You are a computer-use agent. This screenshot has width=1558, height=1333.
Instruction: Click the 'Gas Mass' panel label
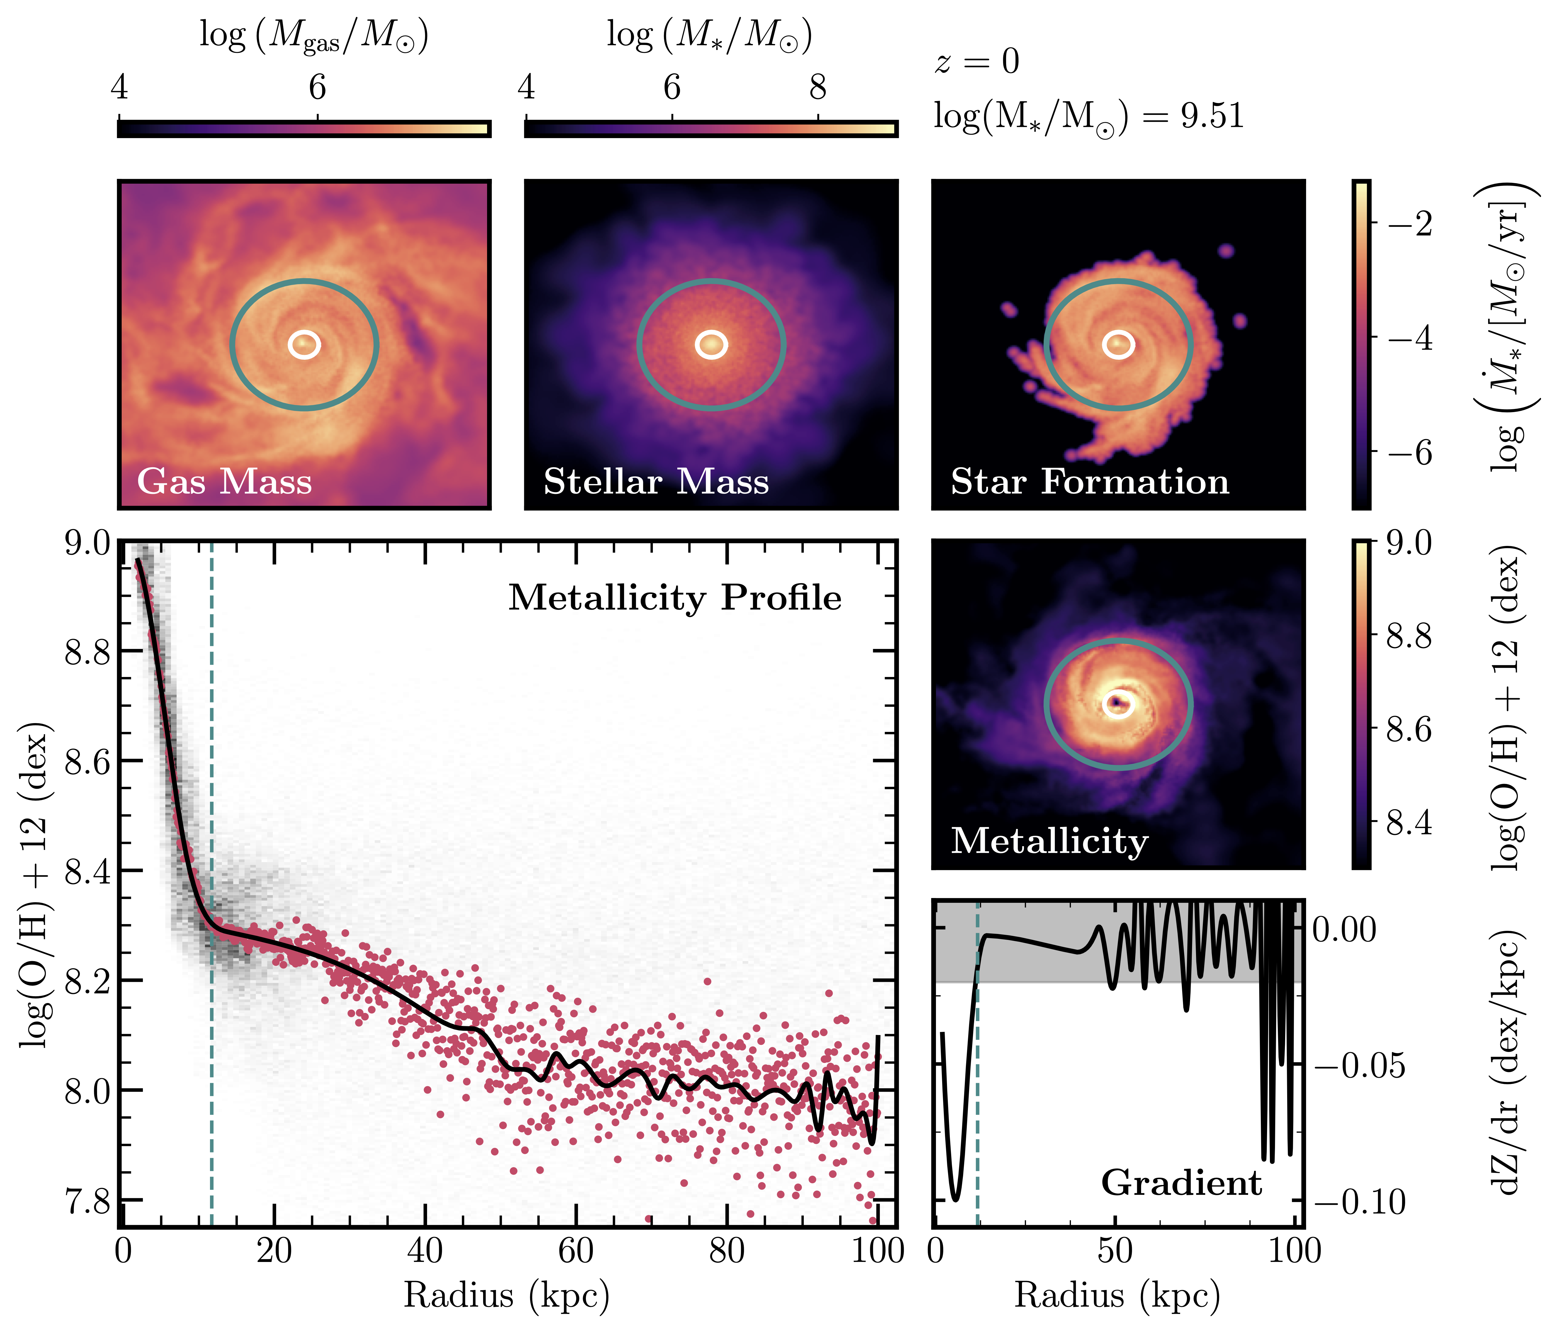pos(224,481)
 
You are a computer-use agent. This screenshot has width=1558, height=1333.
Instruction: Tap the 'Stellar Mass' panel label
pos(656,481)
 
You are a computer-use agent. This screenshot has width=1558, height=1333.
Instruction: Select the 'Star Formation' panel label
pos(1090,481)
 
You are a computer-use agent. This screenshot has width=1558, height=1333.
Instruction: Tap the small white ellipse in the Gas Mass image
pos(304,344)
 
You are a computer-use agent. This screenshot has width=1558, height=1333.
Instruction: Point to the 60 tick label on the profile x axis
pos(576,1252)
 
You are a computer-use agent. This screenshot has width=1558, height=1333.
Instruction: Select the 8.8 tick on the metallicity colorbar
pos(1408,637)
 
